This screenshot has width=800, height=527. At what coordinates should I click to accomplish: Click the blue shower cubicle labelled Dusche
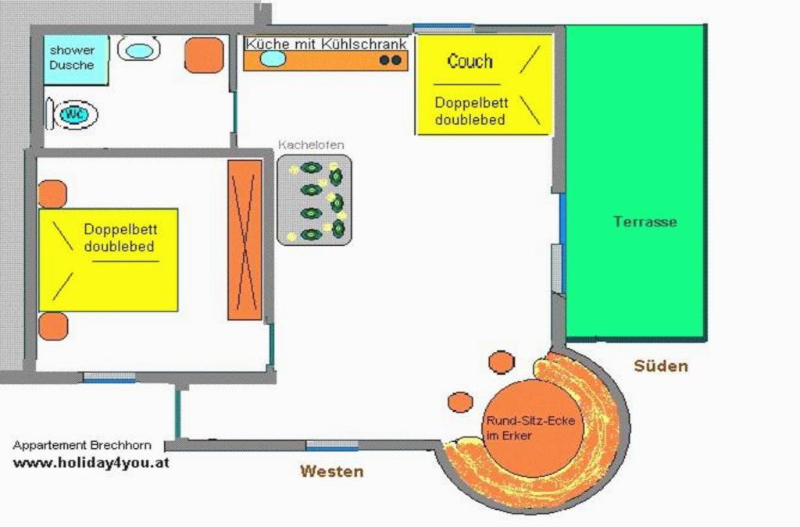click(x=76, y=59)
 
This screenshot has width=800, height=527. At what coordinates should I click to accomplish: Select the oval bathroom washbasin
click(x=139, y=50)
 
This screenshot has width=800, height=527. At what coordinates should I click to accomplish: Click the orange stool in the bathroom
click(x=204, y=55)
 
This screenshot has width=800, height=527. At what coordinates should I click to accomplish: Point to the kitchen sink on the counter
click(x=273, y=58)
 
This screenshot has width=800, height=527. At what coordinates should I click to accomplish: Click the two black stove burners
click(x=391, y=60)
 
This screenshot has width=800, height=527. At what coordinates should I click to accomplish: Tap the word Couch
click(x=470, y=61)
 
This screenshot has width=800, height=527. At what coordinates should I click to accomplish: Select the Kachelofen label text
click(x=311, y=144)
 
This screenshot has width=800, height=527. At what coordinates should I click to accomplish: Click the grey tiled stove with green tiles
click(x=314, y=201)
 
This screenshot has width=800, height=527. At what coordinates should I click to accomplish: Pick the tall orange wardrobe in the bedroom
click(x=245, y=240)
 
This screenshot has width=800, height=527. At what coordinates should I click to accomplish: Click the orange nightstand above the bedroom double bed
click(x=52, y=194)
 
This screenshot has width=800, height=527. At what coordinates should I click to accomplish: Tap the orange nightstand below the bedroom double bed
click(x=53, y=326)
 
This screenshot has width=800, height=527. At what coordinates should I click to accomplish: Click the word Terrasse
click(x=645, y=222)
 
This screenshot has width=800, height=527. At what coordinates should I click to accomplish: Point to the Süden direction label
click(x=661, y=365)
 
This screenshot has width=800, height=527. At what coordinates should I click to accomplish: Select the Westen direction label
click(x=331, y=471)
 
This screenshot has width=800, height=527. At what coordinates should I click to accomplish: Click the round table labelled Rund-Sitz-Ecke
click(x=533, y=428)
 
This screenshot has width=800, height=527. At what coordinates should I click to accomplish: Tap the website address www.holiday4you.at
click(x=91, y=463)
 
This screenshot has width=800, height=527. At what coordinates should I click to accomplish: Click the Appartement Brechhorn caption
click(x=82, y=445)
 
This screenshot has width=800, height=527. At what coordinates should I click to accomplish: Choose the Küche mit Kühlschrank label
click(x=326, y=44)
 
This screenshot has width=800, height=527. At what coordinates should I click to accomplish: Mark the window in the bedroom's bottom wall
click(x=109, y=378)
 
